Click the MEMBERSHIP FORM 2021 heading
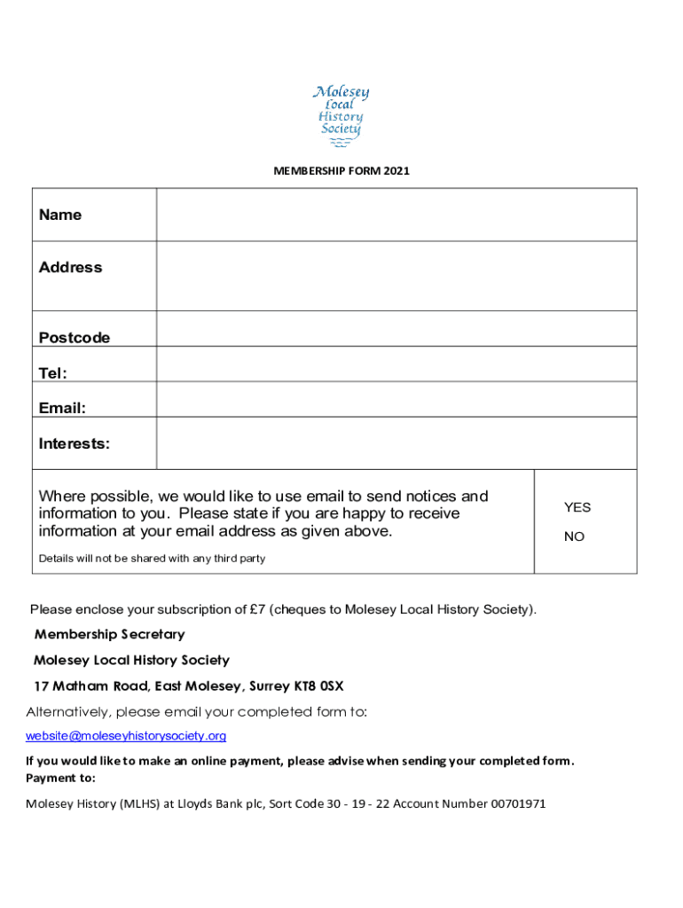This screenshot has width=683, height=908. [x=341, y=171]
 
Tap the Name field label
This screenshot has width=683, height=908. [x=60, y=215]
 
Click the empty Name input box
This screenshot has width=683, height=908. [x=396, y=215]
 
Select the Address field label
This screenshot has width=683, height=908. [x=71, y=267]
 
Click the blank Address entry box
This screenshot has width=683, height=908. [x=396, y=276]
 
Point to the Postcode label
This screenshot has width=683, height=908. [x=75, y=338]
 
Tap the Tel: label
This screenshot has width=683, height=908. [x=53, y=373]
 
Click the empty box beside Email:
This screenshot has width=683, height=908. [x=396, y=399]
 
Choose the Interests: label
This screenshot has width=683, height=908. [x=75, y=443]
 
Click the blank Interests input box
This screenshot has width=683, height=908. [x=396, y=443]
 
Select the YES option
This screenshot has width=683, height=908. [x=577, y=507]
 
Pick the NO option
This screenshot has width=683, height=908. [x=575, y=536]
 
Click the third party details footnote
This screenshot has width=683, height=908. [x=152, y=559]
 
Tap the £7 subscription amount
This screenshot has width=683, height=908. [x=257, y=609]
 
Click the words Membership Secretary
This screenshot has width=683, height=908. [x=109, y=634]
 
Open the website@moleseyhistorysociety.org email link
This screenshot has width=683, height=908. [x=126, y=736]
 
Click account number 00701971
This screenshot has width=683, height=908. [x=513, y=803]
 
